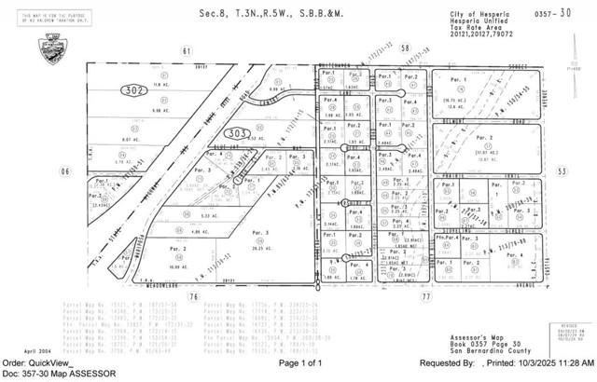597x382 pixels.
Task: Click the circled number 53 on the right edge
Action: coord(562,171)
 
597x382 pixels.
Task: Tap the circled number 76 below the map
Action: coord(192,296)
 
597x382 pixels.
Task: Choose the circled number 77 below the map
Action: coord(425,296)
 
